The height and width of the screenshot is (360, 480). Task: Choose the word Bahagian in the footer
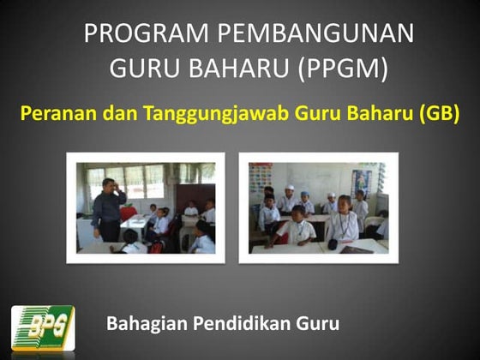click(x=144, y=324)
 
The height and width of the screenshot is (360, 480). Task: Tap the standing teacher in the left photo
click(x=108, y=211)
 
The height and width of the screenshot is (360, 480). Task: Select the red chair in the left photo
click(x=128, y=213)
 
